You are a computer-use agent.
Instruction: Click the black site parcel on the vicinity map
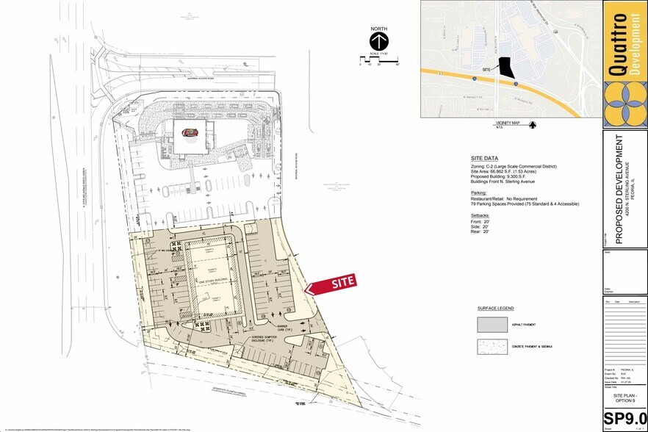(503, 68)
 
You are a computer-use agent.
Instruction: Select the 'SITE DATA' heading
(485, 159)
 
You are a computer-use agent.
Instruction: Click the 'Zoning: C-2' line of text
(514, 167)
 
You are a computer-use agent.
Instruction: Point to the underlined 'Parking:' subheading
(481, 192)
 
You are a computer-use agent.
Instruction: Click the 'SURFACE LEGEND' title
(496, 308)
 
